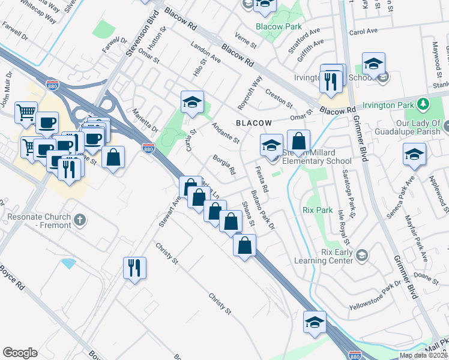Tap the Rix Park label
point(318,210)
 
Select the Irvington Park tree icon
point(424,104)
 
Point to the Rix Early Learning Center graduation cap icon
point(361,256)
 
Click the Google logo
point(20,353)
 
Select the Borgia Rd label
point(224,165)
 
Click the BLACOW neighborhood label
point(250,122)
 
